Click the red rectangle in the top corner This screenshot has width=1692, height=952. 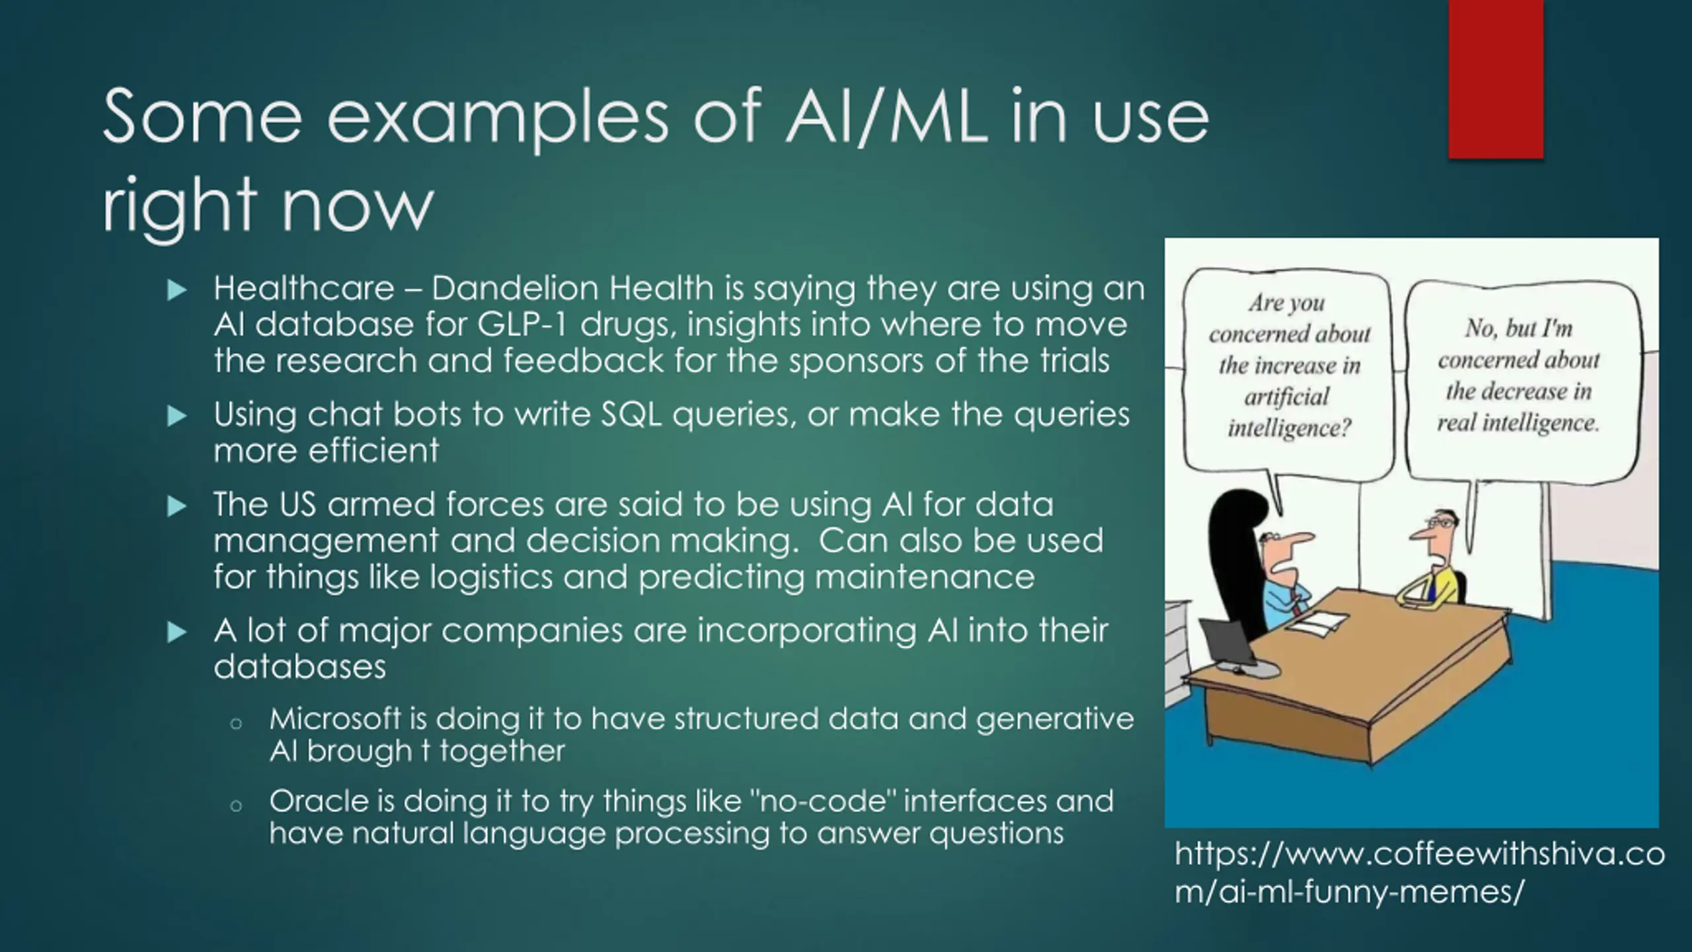pos(1495,79)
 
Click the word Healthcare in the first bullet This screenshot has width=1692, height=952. pos(303,289)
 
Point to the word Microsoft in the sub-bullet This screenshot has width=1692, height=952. pos(335,719)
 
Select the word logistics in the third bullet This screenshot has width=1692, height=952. pos(491,576)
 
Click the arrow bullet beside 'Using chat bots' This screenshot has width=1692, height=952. pos(176,416)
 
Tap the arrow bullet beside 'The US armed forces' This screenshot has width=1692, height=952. pos(176,506)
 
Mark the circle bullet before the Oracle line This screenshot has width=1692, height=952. pos(236,806)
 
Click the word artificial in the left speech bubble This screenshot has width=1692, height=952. pos(1286,397)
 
